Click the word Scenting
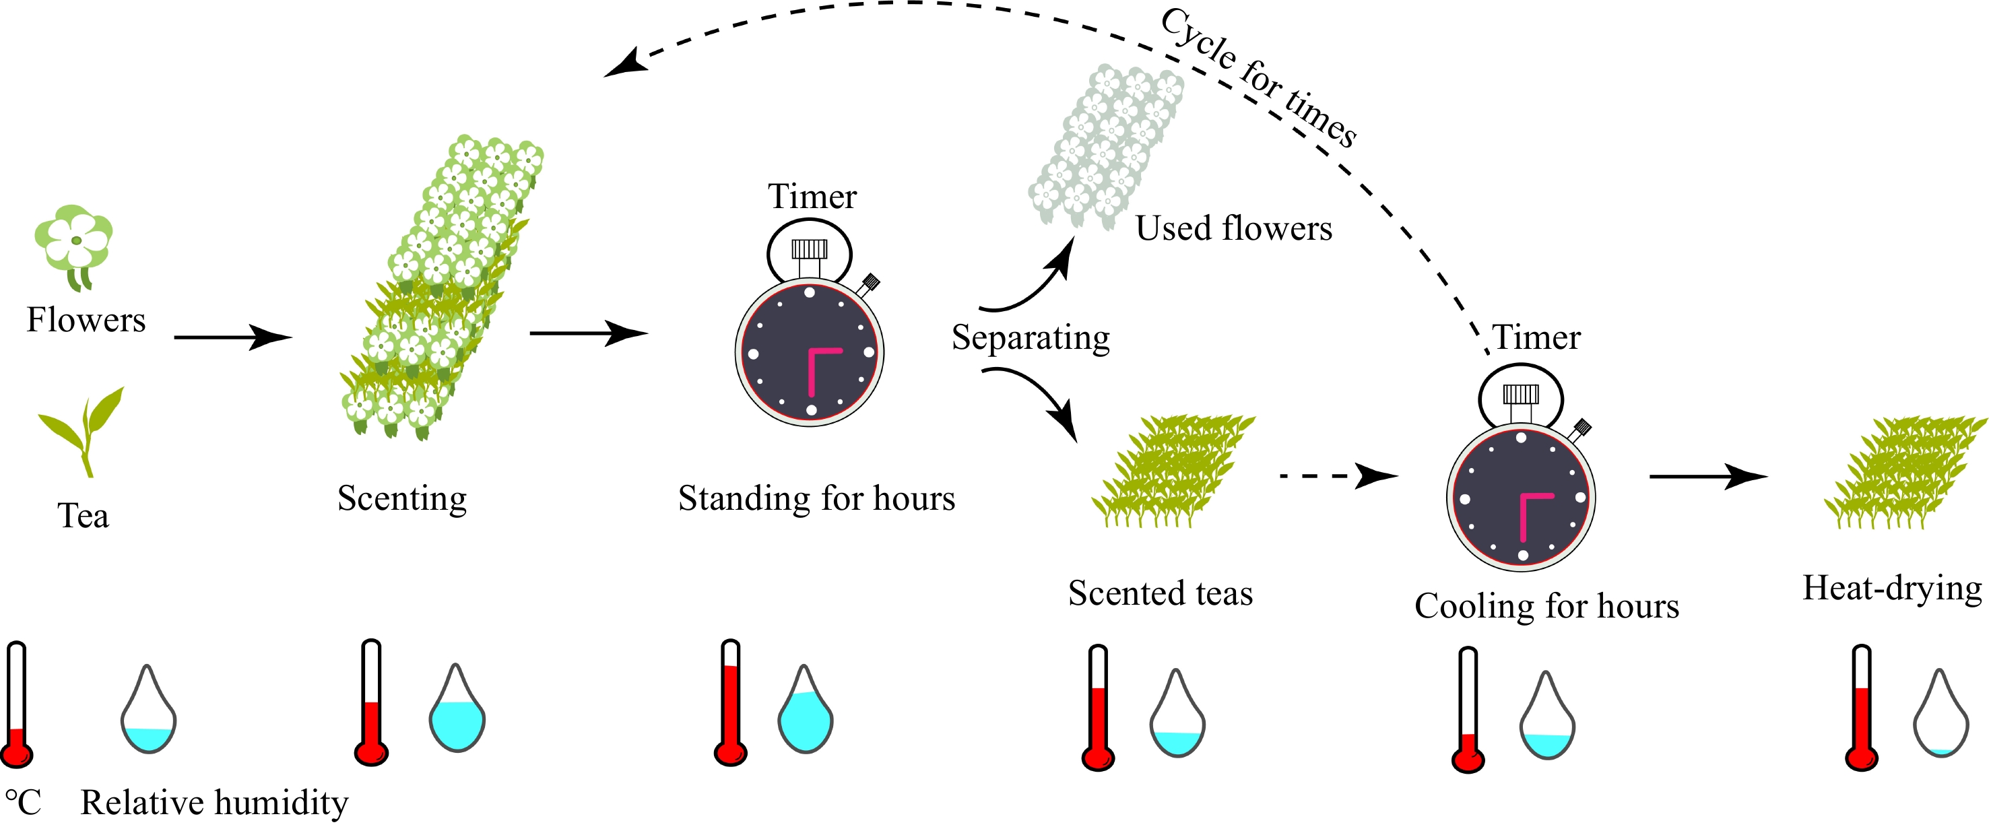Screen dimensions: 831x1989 tap(402, 498)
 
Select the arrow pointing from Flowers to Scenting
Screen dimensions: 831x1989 tap(232, 337)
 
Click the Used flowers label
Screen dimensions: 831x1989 tap(1233, 228)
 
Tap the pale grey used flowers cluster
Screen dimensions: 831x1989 tap(1106, 147)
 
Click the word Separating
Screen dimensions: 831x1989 tap(1030, 337)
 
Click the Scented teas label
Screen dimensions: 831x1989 tap(1160, 593)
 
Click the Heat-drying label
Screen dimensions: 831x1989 tap(1892, 589)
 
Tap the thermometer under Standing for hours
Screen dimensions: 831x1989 tap(730, 703)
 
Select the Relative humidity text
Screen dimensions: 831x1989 tap(214, 803)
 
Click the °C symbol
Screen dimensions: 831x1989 tap(23, 803)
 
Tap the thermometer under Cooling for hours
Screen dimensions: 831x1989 tap(1468, 710)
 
